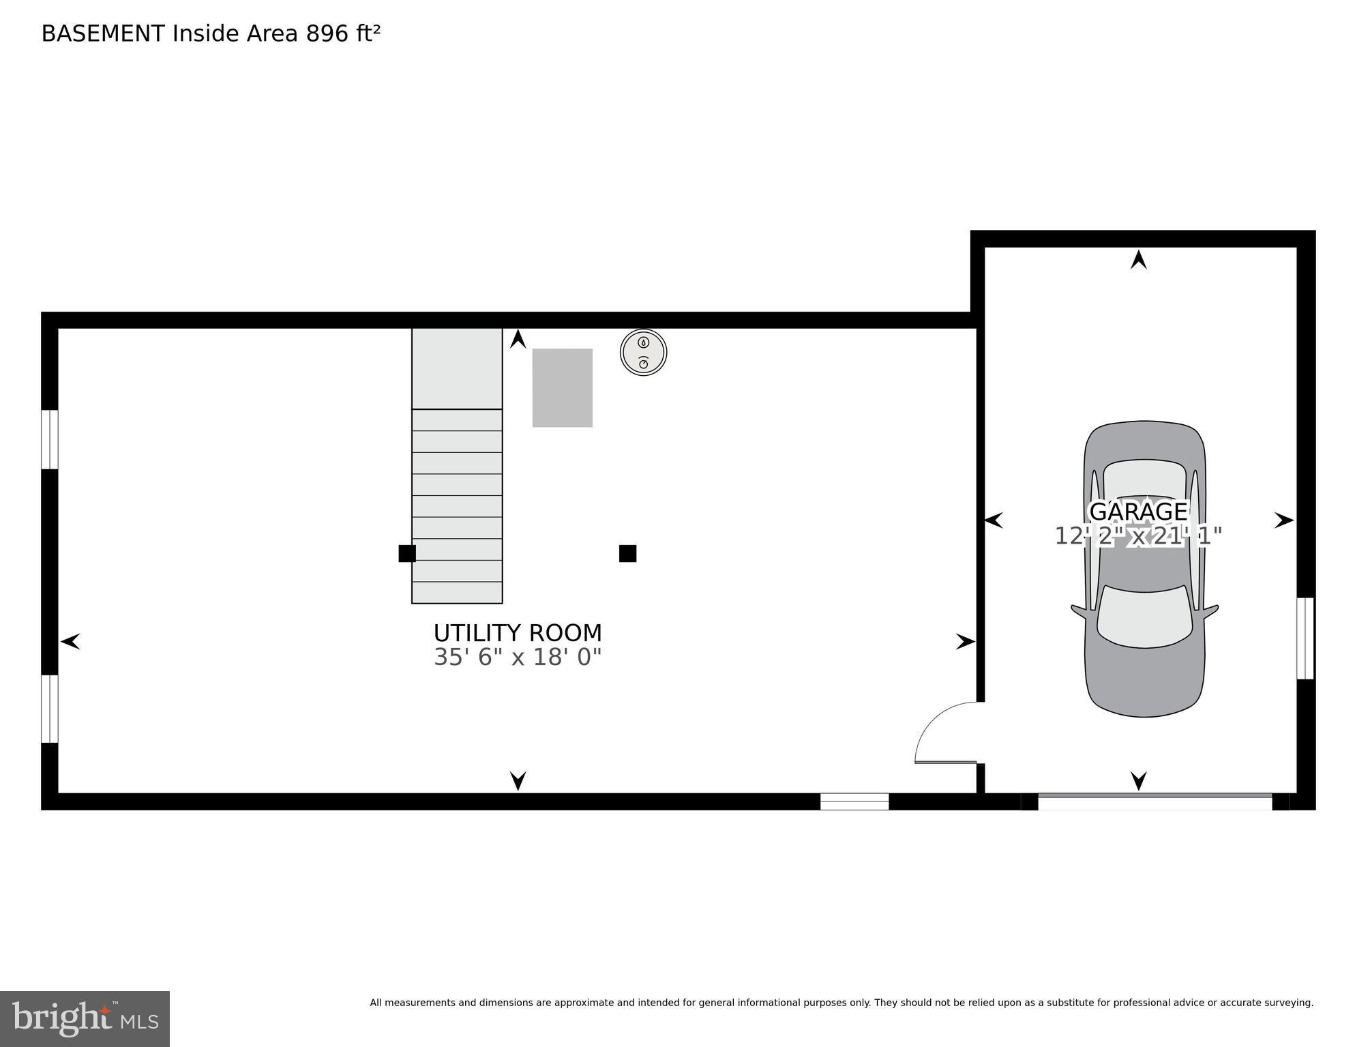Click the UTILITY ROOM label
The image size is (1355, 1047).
click(x=518, y=633)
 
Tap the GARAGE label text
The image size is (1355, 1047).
click(x=1138, y=512)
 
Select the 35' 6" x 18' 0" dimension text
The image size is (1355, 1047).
click(x=518, y=658)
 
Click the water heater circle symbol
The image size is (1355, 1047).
click(x=643, y=353)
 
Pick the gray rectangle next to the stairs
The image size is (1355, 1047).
click(x=562, y=387)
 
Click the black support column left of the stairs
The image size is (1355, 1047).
click(x=407, y=553)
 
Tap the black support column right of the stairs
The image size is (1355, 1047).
click(x=627, y=553)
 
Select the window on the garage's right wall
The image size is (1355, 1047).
click(x=1305, y=638)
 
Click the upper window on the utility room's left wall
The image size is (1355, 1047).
click(x=50, y=439)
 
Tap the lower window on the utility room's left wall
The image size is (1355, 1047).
click(x=50, y=708)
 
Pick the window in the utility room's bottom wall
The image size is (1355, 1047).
click(x=854, y=801)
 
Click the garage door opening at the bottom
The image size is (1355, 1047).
click(x=1155, y=801)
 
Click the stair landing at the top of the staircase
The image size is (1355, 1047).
click(x=457, y=368)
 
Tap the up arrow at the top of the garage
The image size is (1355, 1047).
click(x=1138, y=260)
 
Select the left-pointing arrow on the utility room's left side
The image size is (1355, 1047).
click(x=70, y=641)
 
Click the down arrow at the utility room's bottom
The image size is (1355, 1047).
click(x=518, y=780)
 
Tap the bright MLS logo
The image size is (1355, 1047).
click(x=85, y=1018)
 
